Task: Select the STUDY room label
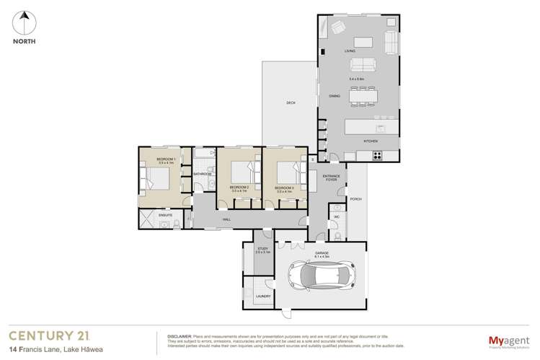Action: (262, 249)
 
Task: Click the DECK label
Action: (291, 103)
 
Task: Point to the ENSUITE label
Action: (164, 215)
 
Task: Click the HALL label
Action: (226, 219)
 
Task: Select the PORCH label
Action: (355, 198)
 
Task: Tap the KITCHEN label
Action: (371, 141)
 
